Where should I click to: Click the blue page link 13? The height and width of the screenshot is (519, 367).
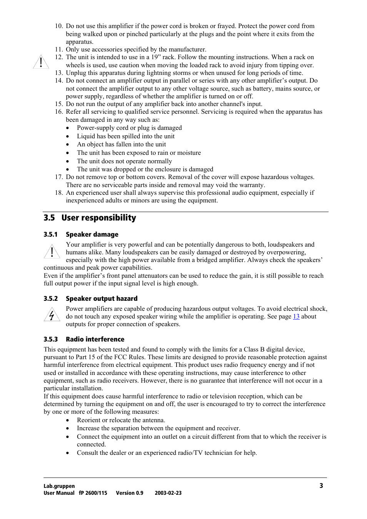click(296, 317)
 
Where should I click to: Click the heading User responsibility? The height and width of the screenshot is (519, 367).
click(98, 218)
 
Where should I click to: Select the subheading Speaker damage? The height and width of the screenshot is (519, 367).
click(92, 234)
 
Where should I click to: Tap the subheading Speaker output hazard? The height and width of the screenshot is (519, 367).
click(102, 298)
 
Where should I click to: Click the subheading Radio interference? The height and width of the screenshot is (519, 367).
click(95, 339)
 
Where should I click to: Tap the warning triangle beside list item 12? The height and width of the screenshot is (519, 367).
click(41, 62)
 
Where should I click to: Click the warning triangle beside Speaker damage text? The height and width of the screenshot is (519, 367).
click(52, 252)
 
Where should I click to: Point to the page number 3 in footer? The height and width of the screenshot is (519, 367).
click(321, 486)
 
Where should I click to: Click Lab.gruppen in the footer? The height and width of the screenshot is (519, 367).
click(59, 486)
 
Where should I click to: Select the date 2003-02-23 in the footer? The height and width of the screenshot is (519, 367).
click(168, 493)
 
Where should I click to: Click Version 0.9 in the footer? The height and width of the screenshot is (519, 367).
click(130, 493)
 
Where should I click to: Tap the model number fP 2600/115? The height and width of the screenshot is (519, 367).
click(93, 493)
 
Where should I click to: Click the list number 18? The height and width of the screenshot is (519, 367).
click(58, 192)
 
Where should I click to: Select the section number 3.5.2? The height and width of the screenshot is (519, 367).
click(50, 298)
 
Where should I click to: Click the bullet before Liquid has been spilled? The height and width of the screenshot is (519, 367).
click(68, 136)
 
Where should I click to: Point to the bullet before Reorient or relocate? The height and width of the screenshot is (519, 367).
click(68, 420)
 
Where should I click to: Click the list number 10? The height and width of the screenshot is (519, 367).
click(58, 26)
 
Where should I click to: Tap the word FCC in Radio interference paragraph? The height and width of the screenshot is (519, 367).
click(120, 357)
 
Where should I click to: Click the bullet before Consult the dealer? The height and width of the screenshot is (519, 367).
click(68, 453)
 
